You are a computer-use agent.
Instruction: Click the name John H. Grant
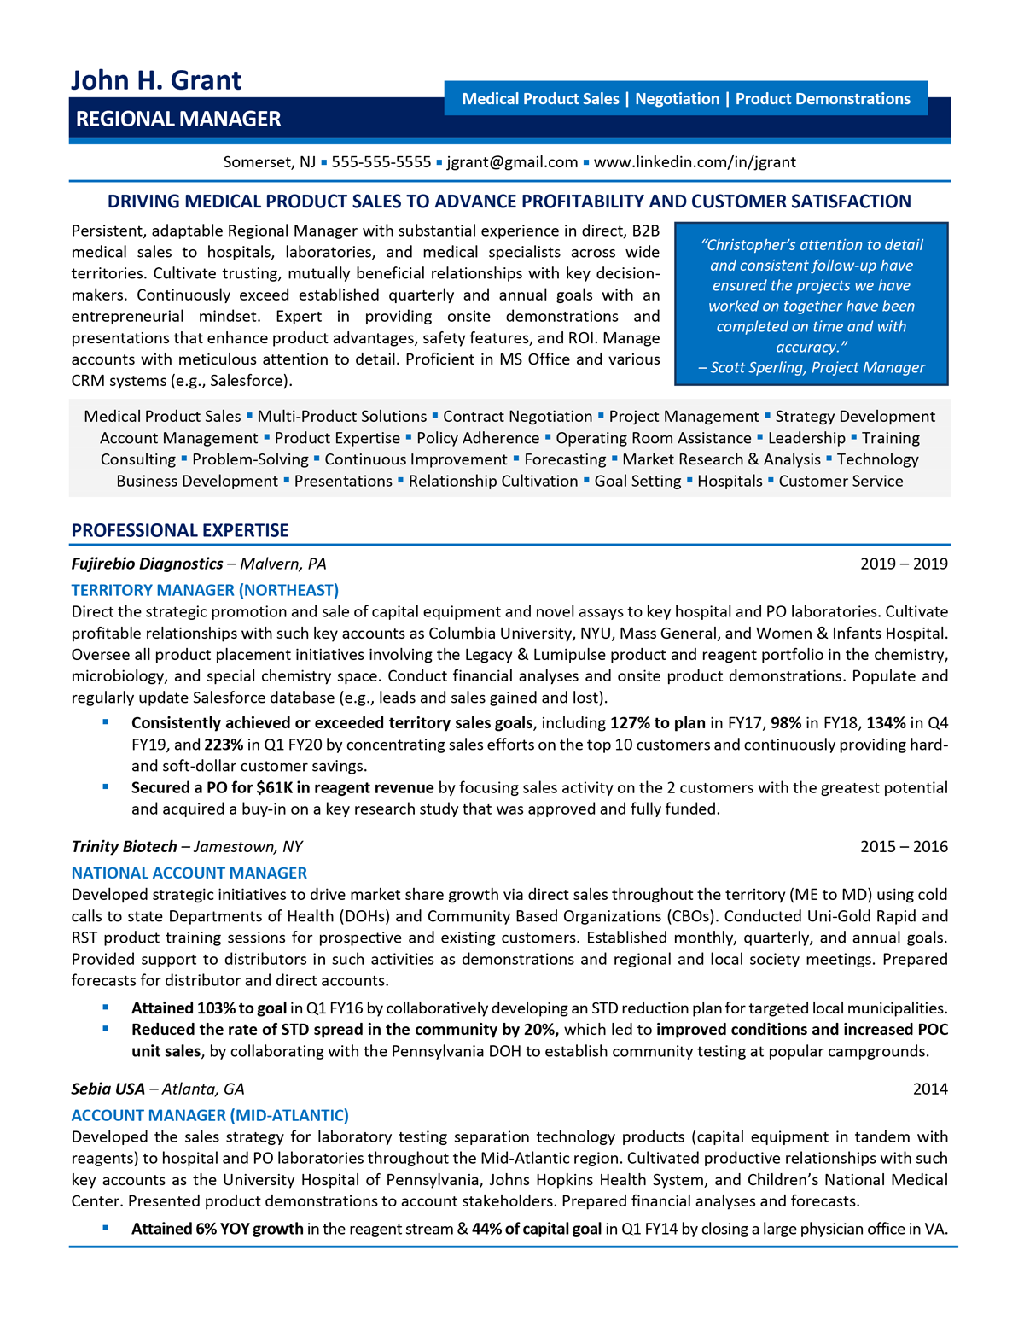click(x=156, y=80)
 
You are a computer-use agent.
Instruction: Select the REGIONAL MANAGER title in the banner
click(x=178, y=120)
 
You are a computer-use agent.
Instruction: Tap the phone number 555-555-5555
click(x=381, y=162)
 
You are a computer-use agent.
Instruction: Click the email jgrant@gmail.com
click(x=512, y=162)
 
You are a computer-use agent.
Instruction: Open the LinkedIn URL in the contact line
click(x=695, y=162)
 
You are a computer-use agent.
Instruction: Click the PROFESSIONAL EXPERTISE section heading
click(x=180, y=530)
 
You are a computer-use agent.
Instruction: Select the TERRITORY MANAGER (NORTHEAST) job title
click(x=205, y=590)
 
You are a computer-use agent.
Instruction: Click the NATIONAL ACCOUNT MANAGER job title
click(x=189, y=873)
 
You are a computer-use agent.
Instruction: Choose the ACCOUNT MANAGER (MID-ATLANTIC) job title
click(x=210, y=1115)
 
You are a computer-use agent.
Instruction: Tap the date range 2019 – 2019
click(x=904, y=564)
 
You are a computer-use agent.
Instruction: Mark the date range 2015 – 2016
click(x=904, y=846)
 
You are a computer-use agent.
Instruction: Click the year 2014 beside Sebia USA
click(x=930, y=1089)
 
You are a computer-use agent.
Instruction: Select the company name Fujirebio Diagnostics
click(x=147, y=564)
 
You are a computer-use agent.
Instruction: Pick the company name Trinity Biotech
click(x=125, y=846)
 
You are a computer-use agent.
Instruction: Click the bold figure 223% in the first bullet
click(x=224, y=745)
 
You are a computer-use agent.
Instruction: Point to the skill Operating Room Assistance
click(x=654, y=438)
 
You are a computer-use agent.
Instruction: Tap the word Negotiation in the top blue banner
click(x=677, y=99)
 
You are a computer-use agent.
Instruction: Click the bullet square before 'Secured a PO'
click(x=106, y=786)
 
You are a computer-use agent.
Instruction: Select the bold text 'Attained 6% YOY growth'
click(x=217, y=1229)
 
